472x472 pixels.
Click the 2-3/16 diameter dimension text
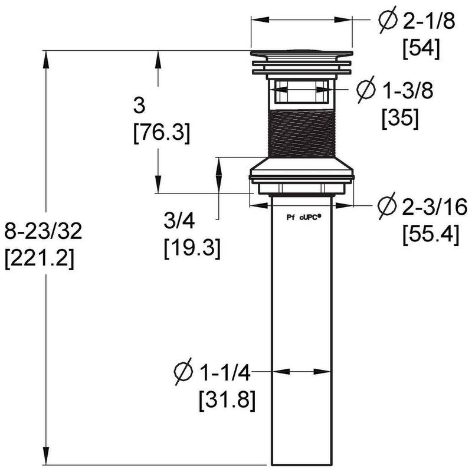(x=435, y=207)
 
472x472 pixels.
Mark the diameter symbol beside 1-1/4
(x=184, y=372)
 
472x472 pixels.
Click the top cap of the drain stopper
(x=301, y=55)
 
